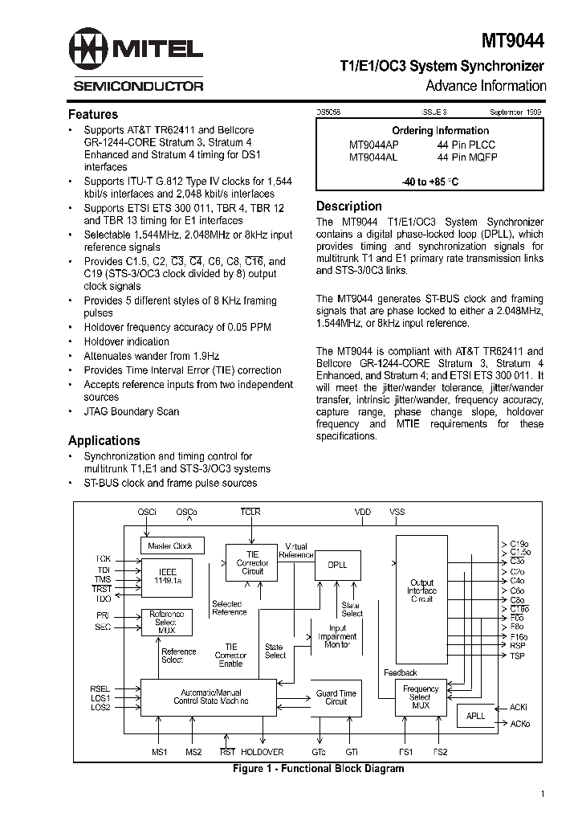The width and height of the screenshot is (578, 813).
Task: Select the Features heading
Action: [x=92, y=114]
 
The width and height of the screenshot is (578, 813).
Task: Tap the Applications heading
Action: [x=104, y=440]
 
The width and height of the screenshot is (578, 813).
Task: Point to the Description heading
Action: [x=348, y=206]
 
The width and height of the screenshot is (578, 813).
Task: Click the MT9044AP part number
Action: [x=373, y=145]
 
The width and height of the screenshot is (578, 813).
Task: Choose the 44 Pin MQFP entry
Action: [x=467, y=157]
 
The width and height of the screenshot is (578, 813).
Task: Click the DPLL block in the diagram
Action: [x=338, y=566]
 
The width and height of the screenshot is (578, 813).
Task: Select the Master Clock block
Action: [x=171, y=546]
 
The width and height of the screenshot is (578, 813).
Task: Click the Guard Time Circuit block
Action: [x=336, y=697]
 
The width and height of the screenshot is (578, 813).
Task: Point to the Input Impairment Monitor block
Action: [x=337, y=636]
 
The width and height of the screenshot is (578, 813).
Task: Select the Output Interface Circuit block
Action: [x=421, y=590]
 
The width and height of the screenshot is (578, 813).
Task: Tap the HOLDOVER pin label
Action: [x=262, y=752]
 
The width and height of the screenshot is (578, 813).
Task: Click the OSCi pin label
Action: [x=147, y=512]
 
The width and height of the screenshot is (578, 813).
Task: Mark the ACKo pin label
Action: [x=520, y=723]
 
